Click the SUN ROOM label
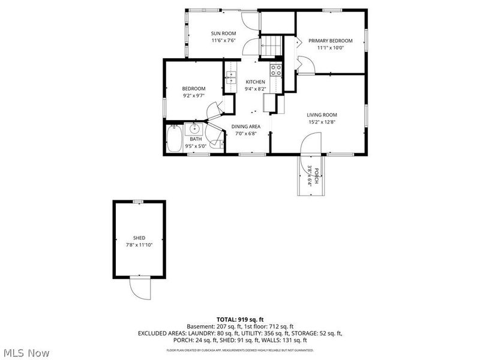tap(223, 33)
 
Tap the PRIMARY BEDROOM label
tap(330, 41)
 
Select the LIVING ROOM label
tap(322, 115)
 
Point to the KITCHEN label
tap(255, 82)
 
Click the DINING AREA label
tap(245, 126)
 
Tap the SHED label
tap(139, 238)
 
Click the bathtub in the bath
tap(175, 139)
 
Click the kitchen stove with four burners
tap(276, 71)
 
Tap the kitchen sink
tap(231, 77)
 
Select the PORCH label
tap(316, 175)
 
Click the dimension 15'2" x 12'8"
tap(322, 122)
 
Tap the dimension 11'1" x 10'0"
tap(330, 48)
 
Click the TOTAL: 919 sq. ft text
tap(240, 319)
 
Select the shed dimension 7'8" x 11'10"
tap(139, 245)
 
